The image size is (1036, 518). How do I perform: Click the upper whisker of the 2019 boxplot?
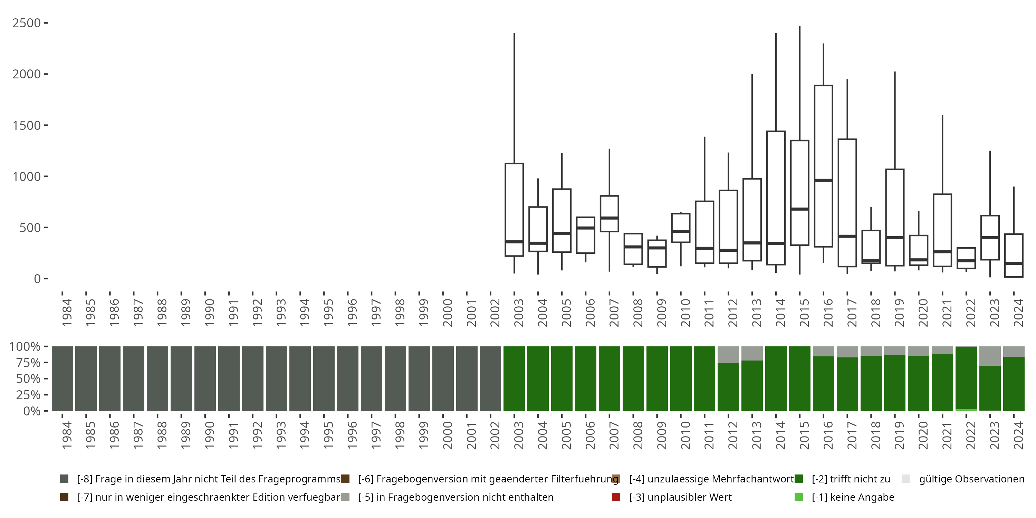(895, 121)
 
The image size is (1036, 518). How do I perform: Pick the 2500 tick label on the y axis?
(27, 23)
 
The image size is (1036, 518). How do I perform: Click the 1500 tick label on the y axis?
(27, 125)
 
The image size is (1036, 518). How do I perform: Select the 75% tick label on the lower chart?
(25, 363)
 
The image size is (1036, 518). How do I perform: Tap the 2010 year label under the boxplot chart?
(685, 313)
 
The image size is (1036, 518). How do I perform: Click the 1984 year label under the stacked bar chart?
(67, 435)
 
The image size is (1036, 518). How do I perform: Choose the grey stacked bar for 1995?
(324, 378)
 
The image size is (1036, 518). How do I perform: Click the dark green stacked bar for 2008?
(633, 378)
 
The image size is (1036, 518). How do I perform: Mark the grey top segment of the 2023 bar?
(990, 356)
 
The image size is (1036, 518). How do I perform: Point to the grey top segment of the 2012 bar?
(728, 354)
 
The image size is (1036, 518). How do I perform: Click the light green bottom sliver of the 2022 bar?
(966, 410)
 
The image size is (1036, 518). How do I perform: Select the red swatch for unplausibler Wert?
(616, 497)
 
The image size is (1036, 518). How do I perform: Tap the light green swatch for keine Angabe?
(799, 497)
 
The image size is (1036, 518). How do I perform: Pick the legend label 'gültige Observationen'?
(971, 479)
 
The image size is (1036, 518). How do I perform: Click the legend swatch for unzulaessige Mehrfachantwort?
(616, 479)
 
